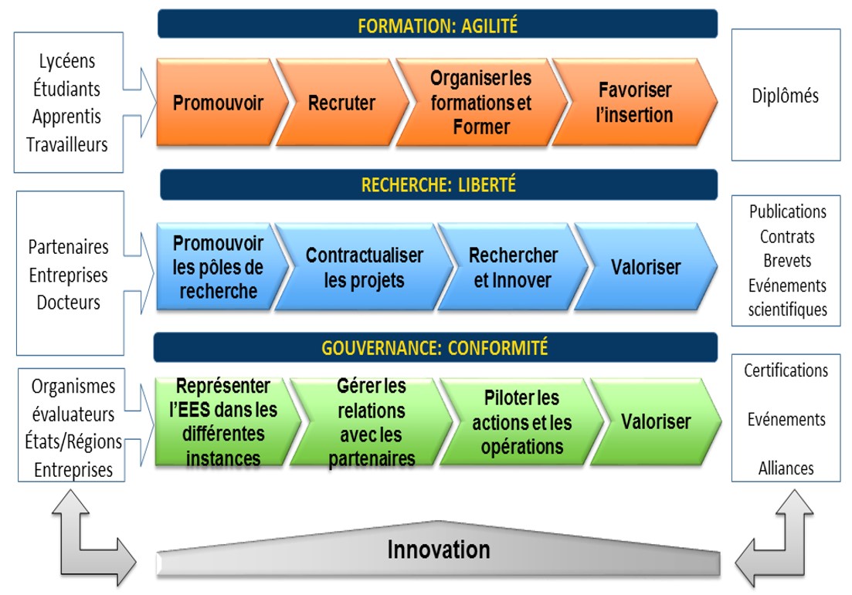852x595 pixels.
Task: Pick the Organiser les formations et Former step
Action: click(x=481, y=103)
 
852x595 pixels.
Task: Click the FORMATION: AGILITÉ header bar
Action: click(x=437, y=24)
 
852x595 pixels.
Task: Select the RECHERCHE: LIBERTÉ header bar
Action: click(x=439, y=184)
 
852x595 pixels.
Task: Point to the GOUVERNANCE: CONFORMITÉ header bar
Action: click(x=435, y=347)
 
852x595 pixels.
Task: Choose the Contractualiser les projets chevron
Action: click(x=364, y=267)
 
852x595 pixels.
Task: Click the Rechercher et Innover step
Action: click(x=513, y=267)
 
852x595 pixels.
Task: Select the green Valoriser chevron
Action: click(x=656, y=422)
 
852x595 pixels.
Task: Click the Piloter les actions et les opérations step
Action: click(x=521, y=422)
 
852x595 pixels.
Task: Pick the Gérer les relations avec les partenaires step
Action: click(x=371, y=422)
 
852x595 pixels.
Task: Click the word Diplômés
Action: click(x=785, y=96)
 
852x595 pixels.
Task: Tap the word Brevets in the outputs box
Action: click(x=787, y=261)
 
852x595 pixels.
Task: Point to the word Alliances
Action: click(x=786, y=468)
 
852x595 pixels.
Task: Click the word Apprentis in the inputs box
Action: click(x=67, y=117)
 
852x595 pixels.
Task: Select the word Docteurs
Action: click(x=69, y=302)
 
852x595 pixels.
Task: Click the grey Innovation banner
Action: click(x=439, y=549)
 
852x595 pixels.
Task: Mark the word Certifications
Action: click(x=786, y=370)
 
